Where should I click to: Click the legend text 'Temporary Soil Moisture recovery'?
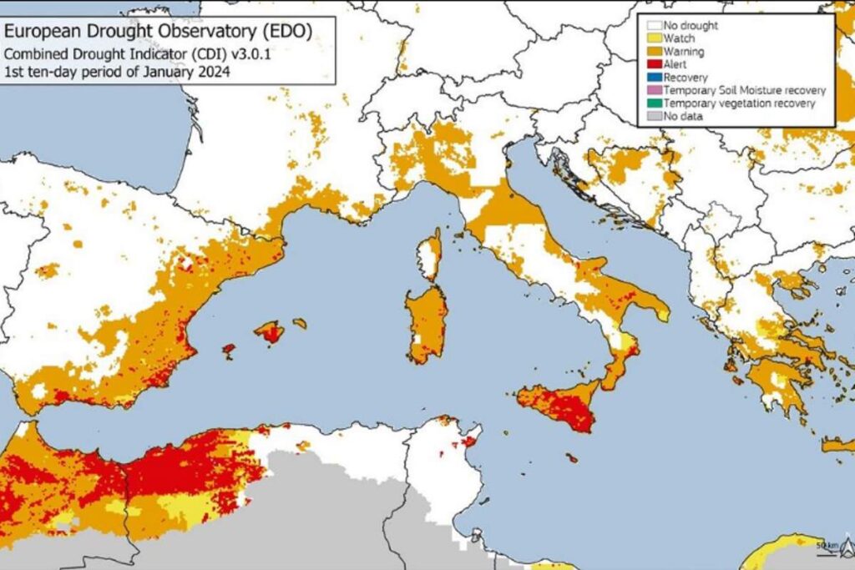coord(745,90)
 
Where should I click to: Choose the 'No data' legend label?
coord(683,116)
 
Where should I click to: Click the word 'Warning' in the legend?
coord(684,51)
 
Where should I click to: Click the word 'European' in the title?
coord(38,32)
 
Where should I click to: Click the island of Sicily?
coord(559,404)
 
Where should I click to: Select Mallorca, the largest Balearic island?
coord(270,331)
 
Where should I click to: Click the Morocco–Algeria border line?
coord(125,492)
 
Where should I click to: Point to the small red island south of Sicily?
coord(571,457)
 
